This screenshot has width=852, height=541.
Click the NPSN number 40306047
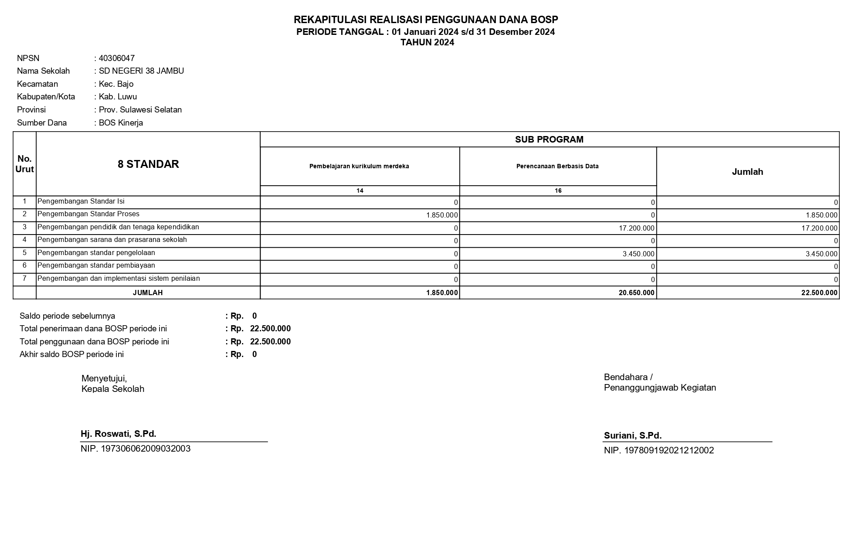click(116, 58)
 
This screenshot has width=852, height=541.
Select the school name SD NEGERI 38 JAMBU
click(141, 71)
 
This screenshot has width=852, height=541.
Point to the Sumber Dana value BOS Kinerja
click(121, 123)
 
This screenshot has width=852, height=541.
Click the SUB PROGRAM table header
click(549, 140)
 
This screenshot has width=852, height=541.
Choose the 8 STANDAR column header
click(148, 164)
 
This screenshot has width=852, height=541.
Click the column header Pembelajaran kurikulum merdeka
click(359, 166)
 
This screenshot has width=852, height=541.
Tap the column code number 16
click(558, 191)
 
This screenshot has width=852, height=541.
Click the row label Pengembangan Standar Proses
click(88, 214)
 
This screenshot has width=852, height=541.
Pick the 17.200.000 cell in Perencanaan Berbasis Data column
click(636, 228)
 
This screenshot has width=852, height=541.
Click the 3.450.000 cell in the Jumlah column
click(821, 254)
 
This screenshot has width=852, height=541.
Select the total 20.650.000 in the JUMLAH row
click(636, 293)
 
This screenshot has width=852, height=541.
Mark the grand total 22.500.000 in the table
click(819, 293)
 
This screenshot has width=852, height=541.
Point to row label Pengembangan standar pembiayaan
click(96, 265)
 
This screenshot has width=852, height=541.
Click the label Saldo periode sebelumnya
click(67, 316)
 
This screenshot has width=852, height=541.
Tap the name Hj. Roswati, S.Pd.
click(119, 434)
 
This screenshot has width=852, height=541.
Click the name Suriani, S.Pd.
click(632, 436)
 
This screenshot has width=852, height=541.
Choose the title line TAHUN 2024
click(427, 43)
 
